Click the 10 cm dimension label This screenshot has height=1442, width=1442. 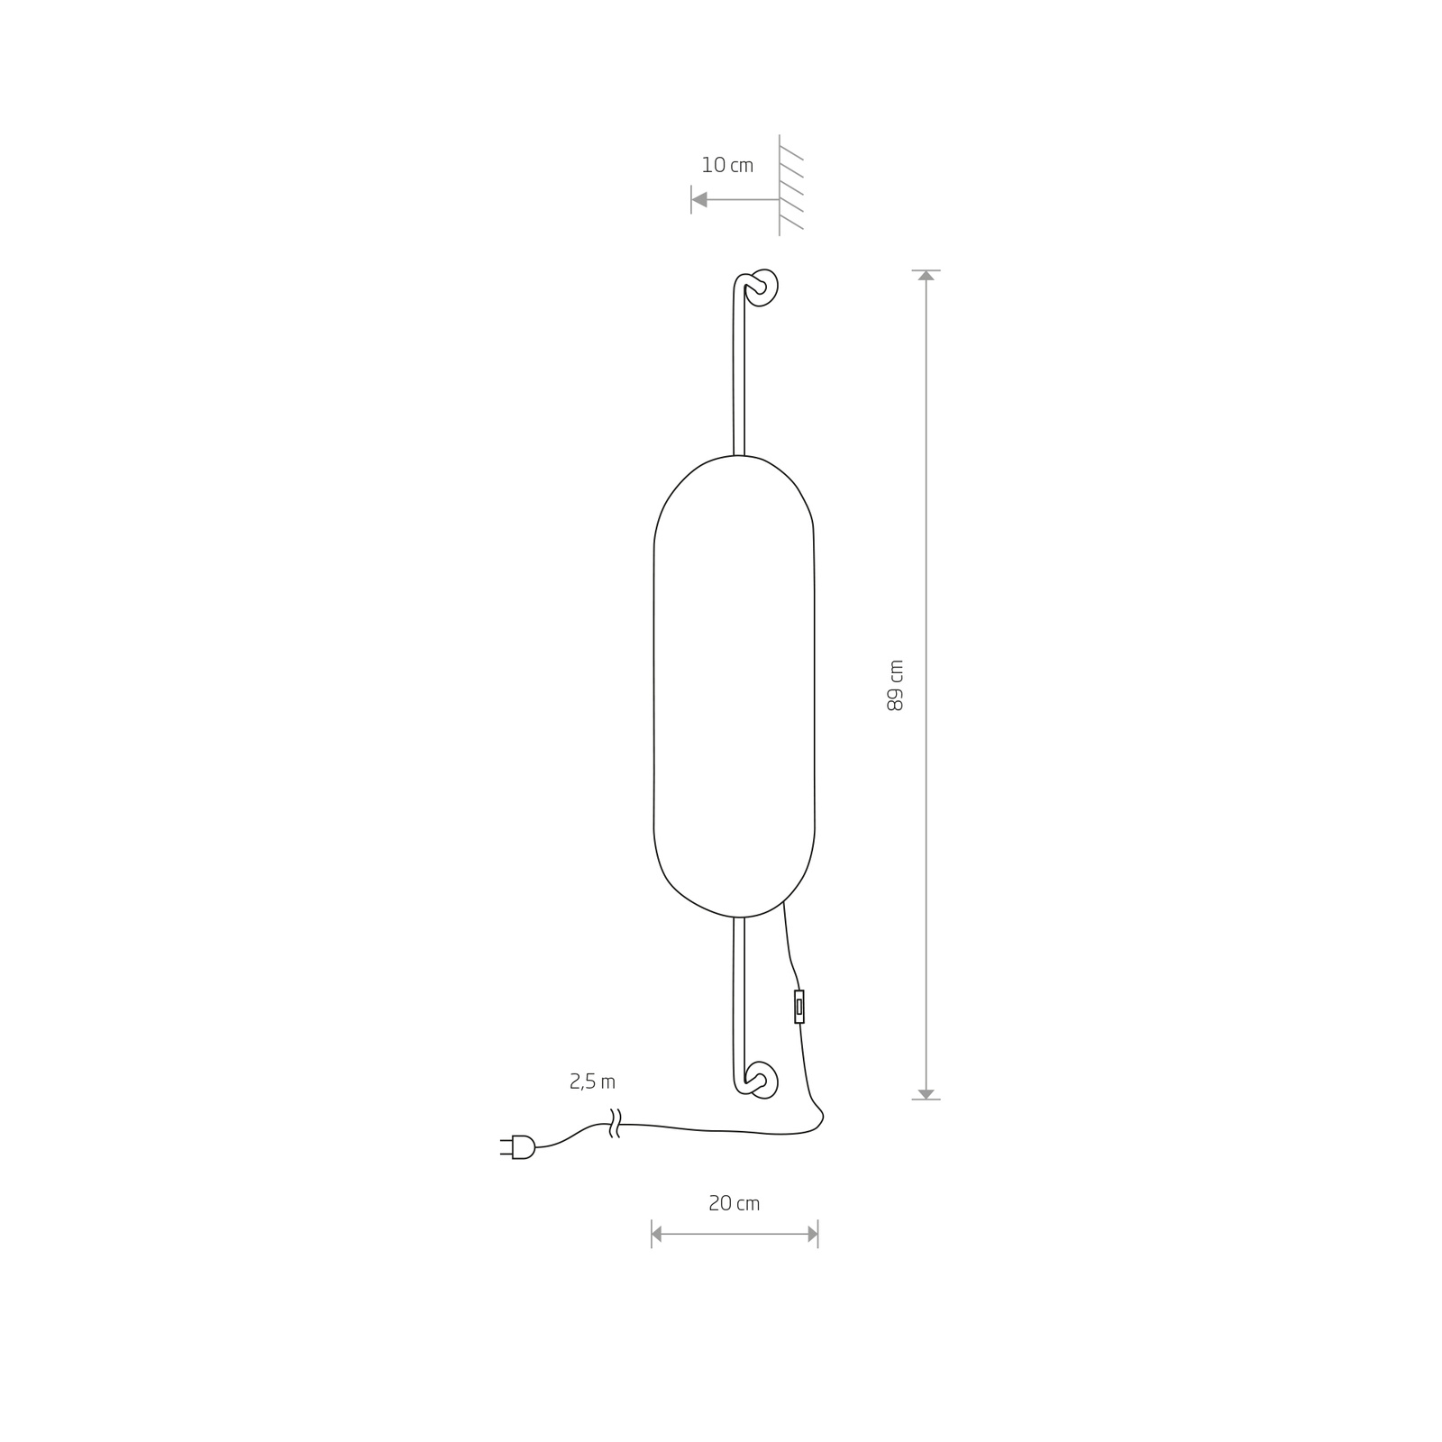pos(727,165)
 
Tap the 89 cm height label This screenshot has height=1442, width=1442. pos(895,685)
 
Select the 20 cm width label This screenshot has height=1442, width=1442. pos(735,1203)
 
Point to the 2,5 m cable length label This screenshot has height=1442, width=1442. pos(593,1081)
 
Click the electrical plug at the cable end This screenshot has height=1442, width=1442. pos(518,1146)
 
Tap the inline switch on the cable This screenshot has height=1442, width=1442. pos(799,1007)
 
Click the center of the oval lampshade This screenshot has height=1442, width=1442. pos(734,687)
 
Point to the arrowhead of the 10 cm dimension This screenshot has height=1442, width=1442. pos(699,199)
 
